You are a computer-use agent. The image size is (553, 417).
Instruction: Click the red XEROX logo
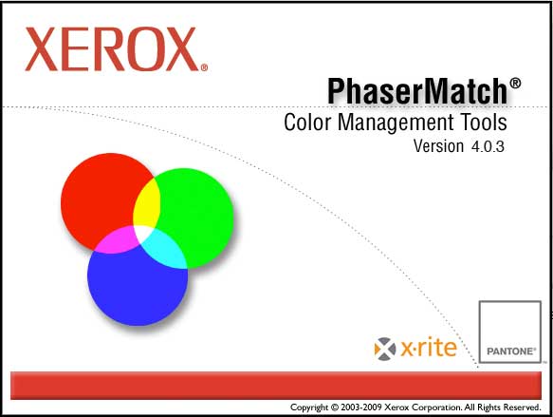[x=112, y=49]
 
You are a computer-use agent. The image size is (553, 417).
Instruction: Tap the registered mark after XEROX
[x=204, y=67]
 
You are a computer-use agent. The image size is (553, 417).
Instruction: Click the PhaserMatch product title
[x=417, y=91]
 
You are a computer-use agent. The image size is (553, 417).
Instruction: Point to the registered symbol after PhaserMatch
[x=515, y=84]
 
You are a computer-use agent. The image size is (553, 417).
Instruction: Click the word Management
[x=395, y=123]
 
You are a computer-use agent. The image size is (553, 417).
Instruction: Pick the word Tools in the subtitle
[x=483, y=123]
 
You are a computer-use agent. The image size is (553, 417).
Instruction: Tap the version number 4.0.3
[x=488, y=146]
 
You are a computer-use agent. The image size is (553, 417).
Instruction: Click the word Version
[x=438, y=146]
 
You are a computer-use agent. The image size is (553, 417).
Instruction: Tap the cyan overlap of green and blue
[x=165, y=248]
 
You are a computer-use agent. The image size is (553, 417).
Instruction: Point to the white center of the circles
[x=143, y=233]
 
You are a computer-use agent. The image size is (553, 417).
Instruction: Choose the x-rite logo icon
[x=385, y=349]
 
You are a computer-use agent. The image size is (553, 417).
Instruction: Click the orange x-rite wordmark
[x=429, y=349]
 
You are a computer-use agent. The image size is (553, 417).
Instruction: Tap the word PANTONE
[x=510, y=351]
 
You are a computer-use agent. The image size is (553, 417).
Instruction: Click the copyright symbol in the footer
[x=334, y=408]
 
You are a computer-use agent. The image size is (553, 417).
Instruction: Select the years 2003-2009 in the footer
[x=361, y=408]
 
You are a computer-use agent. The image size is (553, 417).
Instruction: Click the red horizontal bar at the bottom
[x=276, y=386]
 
